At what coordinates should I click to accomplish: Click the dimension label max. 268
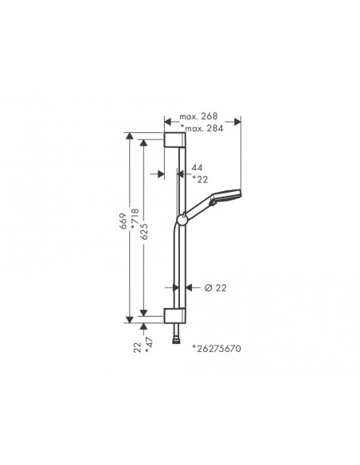point(198,116)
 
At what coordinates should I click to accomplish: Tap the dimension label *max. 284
point(202,128)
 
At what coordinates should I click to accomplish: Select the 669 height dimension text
point(123,221)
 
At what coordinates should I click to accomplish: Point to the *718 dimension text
point(135,219)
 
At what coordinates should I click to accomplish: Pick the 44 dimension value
point(197,167)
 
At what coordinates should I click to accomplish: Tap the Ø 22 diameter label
point(215,287)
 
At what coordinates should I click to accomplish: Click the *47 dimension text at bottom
point(149,346)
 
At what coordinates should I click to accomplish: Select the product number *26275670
point(217,349)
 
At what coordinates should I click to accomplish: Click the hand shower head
point(225,197)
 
